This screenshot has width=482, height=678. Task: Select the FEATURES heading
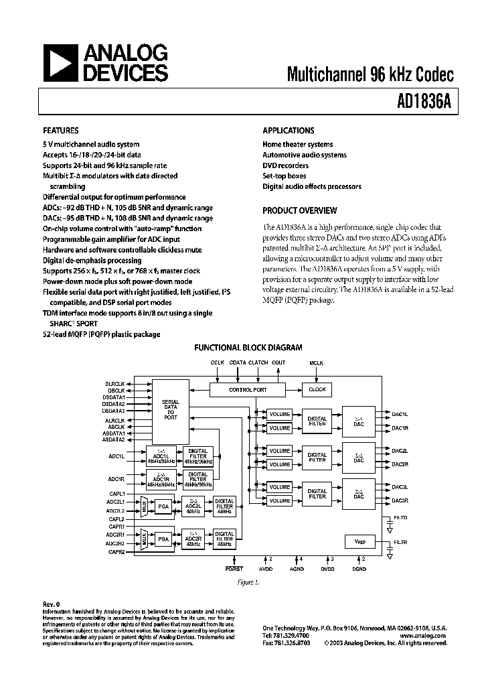tap(61, 131)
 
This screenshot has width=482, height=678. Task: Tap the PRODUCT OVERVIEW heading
tap(299, 210)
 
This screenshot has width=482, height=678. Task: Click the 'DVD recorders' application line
tap(285, 165)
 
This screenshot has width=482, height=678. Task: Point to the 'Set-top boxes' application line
tap(284, 176)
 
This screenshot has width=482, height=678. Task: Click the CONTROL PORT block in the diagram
tap(247, 389)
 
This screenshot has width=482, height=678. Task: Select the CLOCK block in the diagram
tap(317, 389)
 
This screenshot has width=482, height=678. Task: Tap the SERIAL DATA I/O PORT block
tap(171, 410)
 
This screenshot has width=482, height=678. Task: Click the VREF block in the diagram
tap(359, 541)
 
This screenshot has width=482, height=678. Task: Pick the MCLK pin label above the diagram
tap(316, 363)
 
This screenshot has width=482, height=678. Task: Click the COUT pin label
tap(278, 363)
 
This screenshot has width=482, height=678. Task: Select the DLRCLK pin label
tap(115, 384)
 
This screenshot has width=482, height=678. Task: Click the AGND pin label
tap(296, 569)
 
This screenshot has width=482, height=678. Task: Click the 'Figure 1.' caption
tap(248, 583)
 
